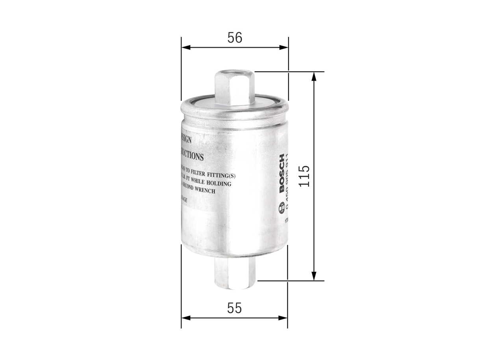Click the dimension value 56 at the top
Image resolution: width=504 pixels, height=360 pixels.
(235, 38)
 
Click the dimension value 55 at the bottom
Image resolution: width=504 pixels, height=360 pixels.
(234, 308)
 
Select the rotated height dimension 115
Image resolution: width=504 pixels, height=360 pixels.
(304, 176)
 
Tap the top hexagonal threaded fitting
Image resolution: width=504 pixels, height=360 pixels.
(235, 89)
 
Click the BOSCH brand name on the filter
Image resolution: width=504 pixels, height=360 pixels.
(282, 173)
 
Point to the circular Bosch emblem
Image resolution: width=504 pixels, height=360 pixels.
(282, 208)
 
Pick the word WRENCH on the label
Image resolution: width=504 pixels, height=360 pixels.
(205, 191)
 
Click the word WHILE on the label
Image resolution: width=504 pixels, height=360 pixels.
(201, 184)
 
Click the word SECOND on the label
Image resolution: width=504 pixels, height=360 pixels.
(189, 191)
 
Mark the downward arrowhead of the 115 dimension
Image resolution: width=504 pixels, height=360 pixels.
(314, 276)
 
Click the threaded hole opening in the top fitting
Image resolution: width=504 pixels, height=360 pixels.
(235, 72)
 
